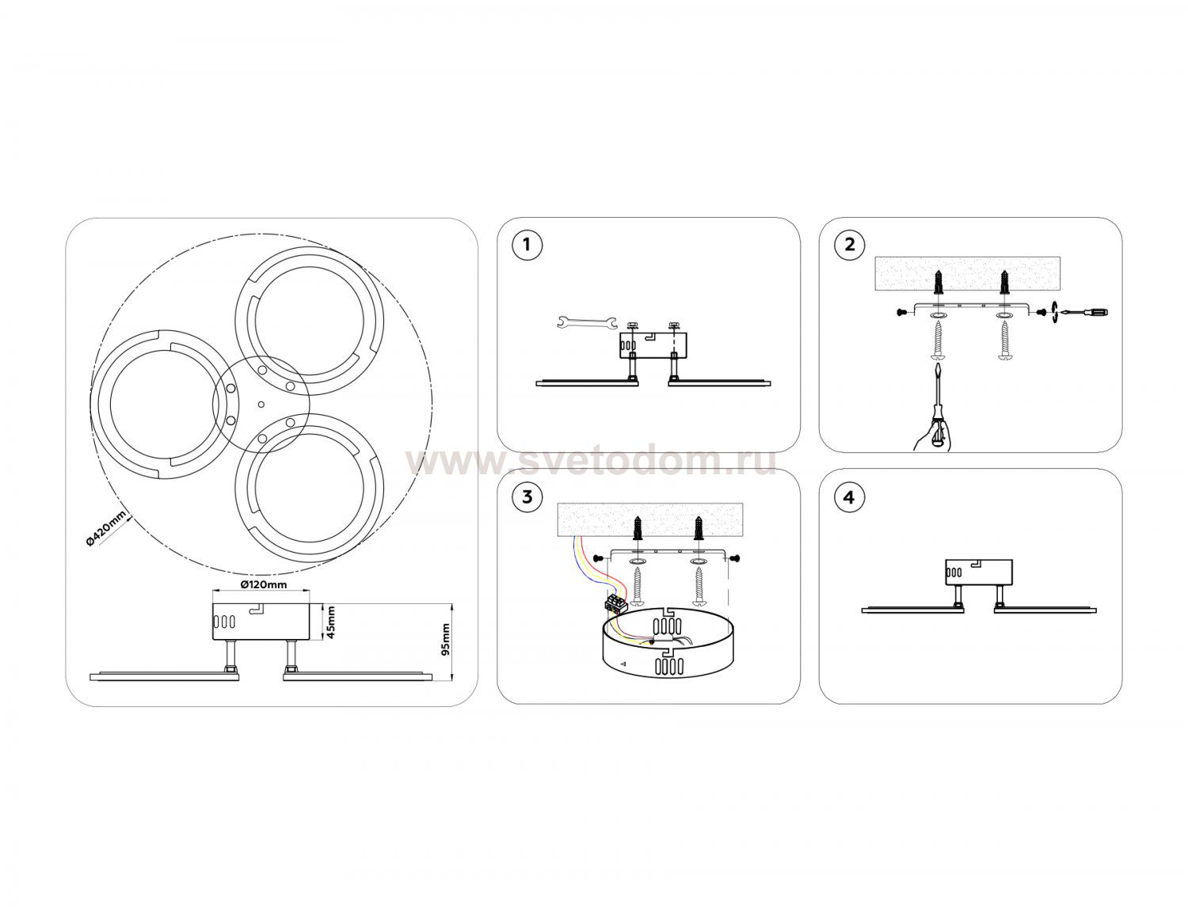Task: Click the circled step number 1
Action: point(527,245)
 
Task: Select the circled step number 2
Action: point(849,245)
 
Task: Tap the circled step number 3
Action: point(527,496)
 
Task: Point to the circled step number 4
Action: point(849,496)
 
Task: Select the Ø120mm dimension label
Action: point(264,584)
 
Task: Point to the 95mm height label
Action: point(446,639)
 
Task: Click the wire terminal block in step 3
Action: point(615,603)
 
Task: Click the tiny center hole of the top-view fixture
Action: point(261,405)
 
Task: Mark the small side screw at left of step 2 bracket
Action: point(903,312)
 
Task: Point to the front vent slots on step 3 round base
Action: point(670,666)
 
